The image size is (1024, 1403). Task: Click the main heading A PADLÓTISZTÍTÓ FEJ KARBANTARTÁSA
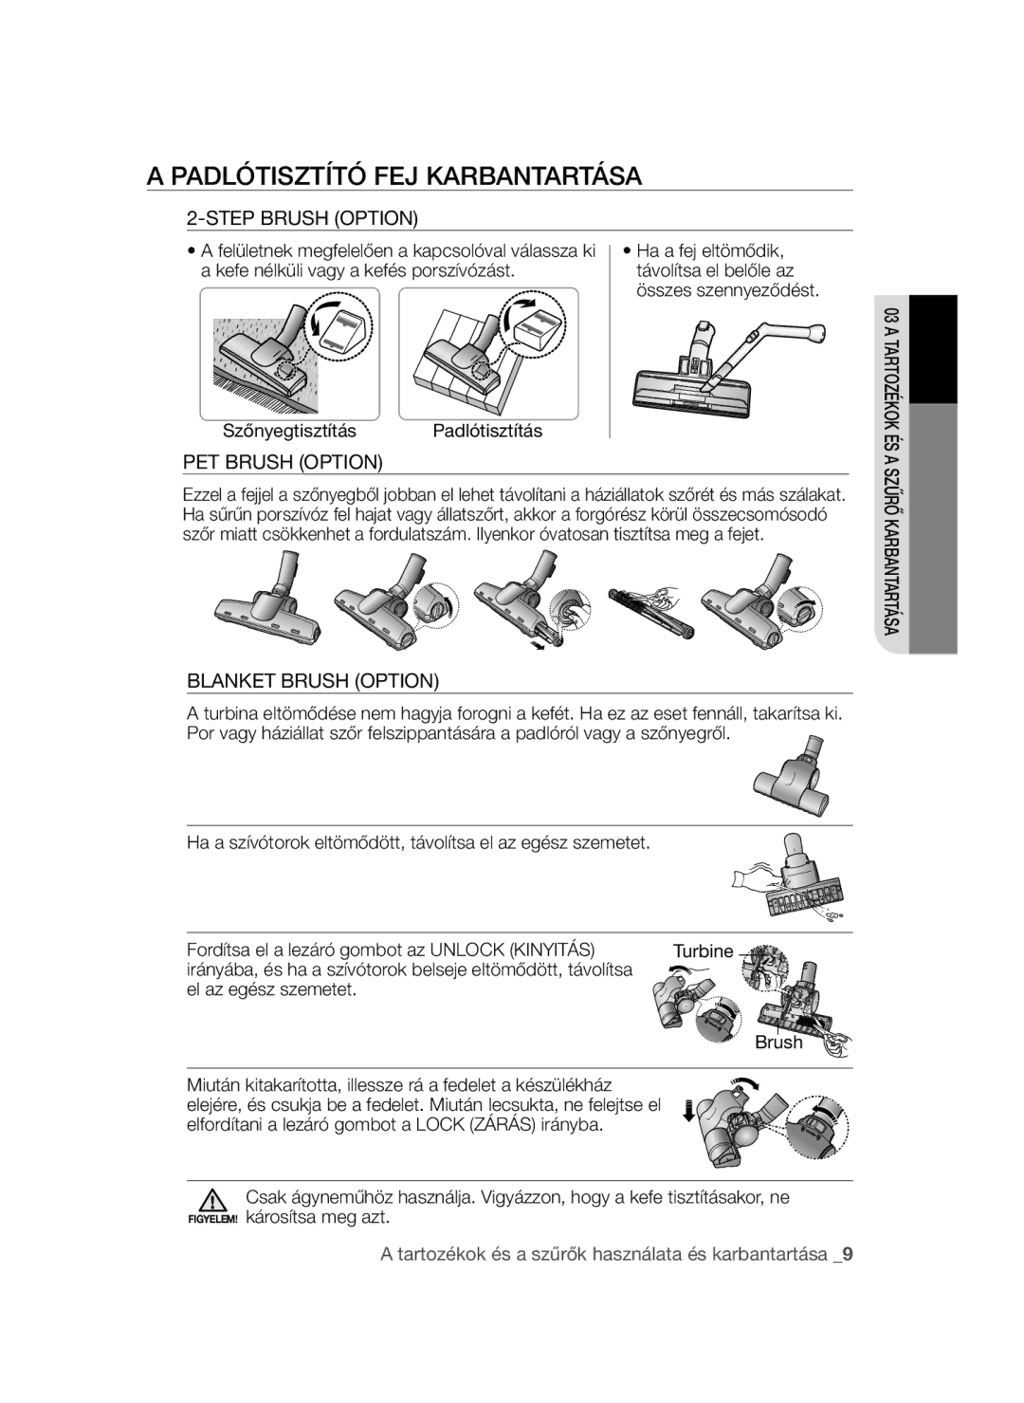(x=394, y=176)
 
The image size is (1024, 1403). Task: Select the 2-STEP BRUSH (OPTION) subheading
(x=302, y=218)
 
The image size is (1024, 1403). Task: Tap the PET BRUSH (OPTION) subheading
(x=283, y=462)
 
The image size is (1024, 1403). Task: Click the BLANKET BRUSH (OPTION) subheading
(x=312, y=680)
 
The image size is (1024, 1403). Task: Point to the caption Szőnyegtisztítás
(x=289, y=431)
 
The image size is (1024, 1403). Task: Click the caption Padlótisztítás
(x=487, y=431)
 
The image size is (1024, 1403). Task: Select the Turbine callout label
(x=703, y=951)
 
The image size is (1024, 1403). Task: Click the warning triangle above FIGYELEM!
(x=212, y=1200)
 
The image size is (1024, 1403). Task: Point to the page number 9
(x=847, y=1254)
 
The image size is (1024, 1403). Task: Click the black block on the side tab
(x=933, y=349)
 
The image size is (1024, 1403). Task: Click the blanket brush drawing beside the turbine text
(x=793, y=777)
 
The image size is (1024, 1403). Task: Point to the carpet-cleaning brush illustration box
(x=290, y=354)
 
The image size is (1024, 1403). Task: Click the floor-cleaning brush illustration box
(x=489, y=354)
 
